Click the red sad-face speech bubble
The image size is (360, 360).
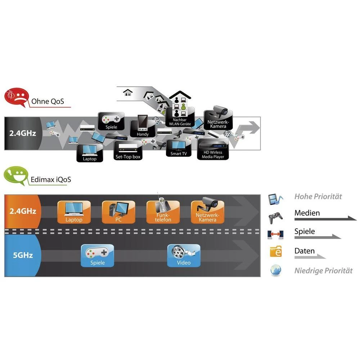16,98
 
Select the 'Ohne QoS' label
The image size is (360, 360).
48,101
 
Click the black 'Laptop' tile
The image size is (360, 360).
90,153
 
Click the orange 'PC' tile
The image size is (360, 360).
118,212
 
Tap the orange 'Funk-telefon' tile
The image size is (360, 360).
163,212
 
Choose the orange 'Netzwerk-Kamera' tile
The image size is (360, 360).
207,212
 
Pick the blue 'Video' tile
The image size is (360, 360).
184,256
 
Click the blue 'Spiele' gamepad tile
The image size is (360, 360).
98,256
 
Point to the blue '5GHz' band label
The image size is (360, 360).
22,255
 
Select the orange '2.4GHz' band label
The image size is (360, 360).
22,211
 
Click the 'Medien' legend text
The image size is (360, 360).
307,213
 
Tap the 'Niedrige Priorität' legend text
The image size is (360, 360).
323,271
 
